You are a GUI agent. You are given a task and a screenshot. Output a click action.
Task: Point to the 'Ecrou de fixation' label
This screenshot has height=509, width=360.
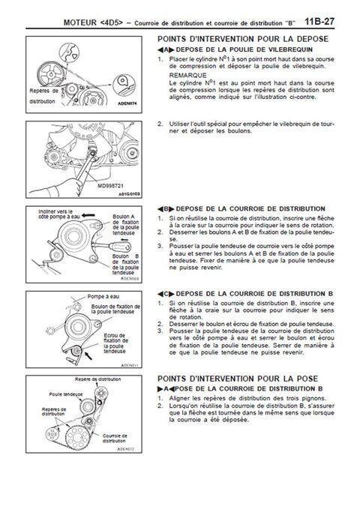point(105,340)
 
